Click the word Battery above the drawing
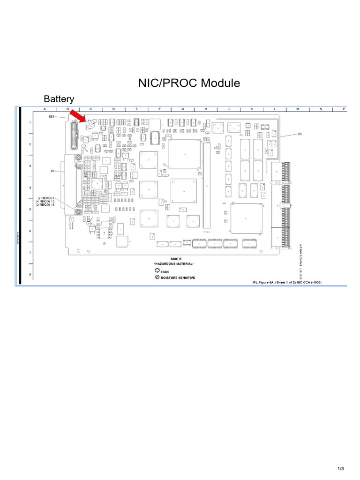(x=59, y=99)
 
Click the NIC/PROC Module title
(x=189, y=83)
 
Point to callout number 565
(x=52, y=116)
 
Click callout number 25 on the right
(x=300, y=134)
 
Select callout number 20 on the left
(x=53, y=171)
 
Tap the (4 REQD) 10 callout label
(x=46, y=201)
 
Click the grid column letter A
(x=45, y=109)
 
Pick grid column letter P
(x=344, y=109)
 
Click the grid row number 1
(x=30, y=123)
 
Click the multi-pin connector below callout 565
(x=74, y=136)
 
